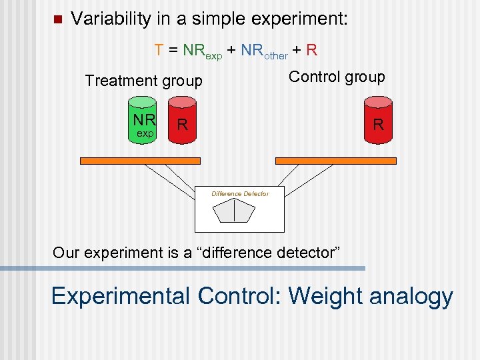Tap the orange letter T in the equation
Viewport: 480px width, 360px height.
point(159,50)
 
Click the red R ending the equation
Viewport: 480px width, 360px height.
point(312,50)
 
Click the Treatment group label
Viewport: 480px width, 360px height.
point(143,81)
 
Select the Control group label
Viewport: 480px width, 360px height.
point(337,77)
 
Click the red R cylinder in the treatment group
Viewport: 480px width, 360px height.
point(182,123)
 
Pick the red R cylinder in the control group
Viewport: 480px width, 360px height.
point(378,123)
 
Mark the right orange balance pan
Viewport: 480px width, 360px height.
point(335,161)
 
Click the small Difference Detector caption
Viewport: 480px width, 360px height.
point(240,194)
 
